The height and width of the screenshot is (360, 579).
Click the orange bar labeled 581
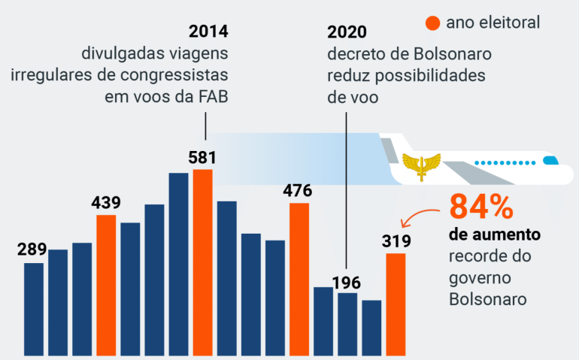(x=203, y=262)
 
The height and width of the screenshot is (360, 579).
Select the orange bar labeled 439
(x=106, y=286)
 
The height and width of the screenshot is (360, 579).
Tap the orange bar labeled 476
(x=299, y=280)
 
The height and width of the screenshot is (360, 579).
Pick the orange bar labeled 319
(x=396, y=304)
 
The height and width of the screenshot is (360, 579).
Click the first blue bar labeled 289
(x=34, y=310)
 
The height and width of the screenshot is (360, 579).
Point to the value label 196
(x=347, y=283)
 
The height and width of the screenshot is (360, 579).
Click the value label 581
(x=202, y=158)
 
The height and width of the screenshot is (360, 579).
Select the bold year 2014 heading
(x=208, y=32)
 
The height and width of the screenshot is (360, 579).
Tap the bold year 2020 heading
(x=347, y=32)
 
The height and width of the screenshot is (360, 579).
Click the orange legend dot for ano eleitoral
(x=433, y=23)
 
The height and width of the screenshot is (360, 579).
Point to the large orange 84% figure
(x=481, y=207)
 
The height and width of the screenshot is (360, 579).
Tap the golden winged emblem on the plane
(x=421, y=166)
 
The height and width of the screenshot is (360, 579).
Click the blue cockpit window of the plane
(x=550, y=160)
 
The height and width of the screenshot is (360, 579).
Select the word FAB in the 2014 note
(x=214, y=97)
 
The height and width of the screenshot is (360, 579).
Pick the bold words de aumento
(x=495, y=234)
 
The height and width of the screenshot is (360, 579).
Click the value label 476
(x=298, y=191)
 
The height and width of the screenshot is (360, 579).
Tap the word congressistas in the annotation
(x=174, y=75)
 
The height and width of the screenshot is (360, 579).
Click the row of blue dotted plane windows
(x=505, y=162)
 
